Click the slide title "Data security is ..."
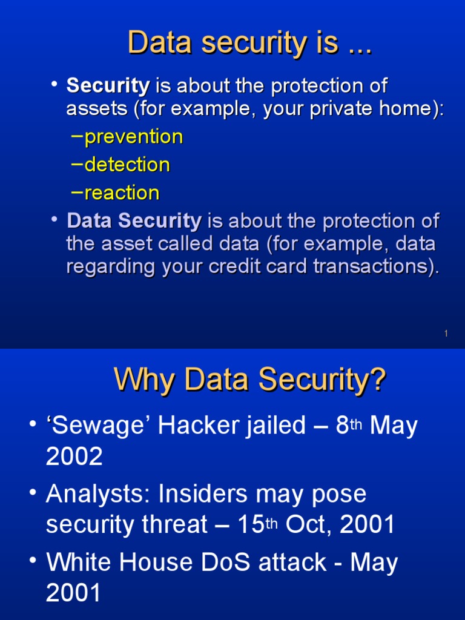[249, 44]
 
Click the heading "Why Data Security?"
[249, 381]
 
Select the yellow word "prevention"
[133, 137]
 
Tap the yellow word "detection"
[127, 165]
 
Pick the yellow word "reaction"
[122, 193]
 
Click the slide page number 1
[446, 334]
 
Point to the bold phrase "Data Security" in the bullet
[134, 221]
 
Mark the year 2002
[74, 457]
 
